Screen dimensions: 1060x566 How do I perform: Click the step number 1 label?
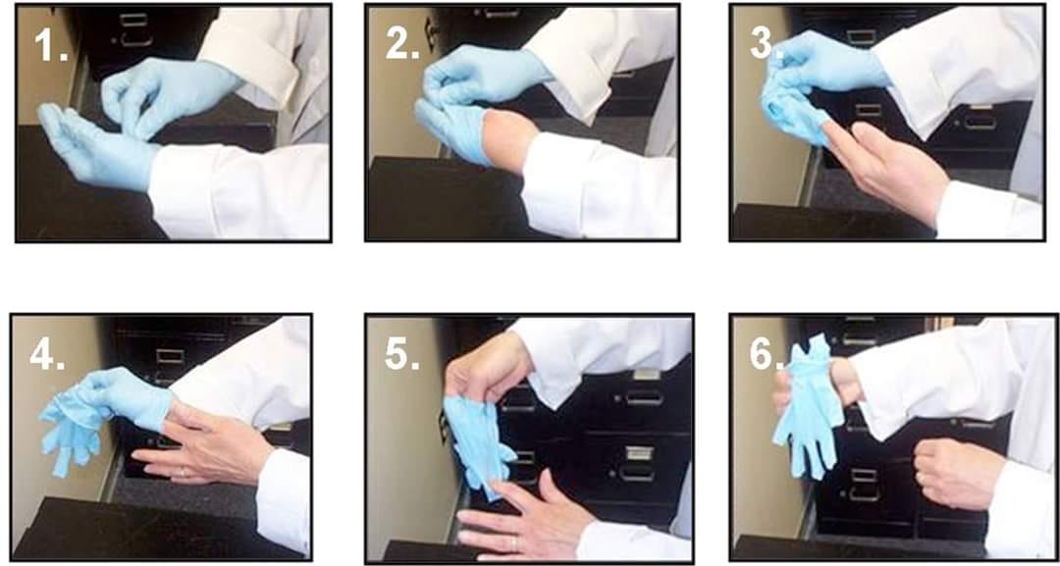point(51,45)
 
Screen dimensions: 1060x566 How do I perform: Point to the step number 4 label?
point(47,354)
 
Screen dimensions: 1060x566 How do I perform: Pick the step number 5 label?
point(402,354)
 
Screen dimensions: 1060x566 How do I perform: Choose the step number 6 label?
point(766,354)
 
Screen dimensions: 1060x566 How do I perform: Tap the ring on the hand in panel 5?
point(513,541)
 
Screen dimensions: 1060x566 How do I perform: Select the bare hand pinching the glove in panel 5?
point(487,368)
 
